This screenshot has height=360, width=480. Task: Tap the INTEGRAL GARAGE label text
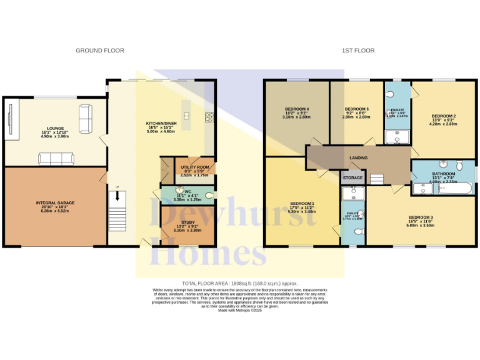[54, 203]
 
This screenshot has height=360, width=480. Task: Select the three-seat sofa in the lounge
[56, 159]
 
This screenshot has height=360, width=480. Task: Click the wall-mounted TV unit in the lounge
[11, 117]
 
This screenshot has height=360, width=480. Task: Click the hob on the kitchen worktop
[208, 116]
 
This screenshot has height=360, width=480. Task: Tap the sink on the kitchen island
[186, 114]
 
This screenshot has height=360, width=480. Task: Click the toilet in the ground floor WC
[209, 195]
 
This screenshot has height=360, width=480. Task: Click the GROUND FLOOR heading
[100, 50]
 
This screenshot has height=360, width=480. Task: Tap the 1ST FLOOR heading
[358, 50]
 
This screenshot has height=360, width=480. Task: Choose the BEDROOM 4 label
[296, 109]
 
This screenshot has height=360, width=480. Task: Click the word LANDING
[358, 158]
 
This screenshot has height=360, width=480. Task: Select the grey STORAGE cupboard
[352, 178]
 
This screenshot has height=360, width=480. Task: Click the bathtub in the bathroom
[456, 188]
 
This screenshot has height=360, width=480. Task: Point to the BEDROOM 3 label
[420, 217]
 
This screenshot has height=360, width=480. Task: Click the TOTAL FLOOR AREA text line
[239, 283]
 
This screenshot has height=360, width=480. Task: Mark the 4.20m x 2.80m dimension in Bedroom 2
[441, 124]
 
